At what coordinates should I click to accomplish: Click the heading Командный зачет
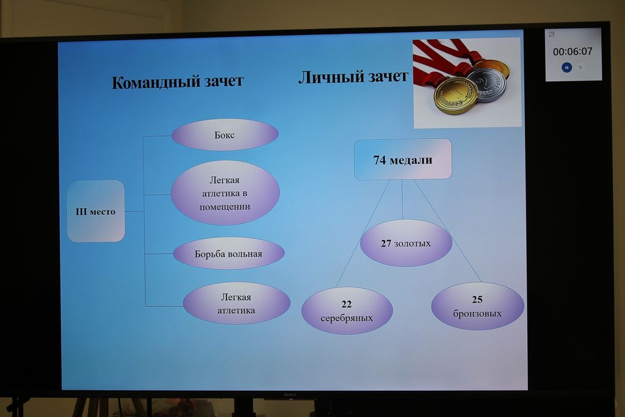(x=178, y=82)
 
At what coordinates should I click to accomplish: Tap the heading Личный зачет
(x=353, y=77)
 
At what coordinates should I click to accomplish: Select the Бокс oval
(x=225, y=135)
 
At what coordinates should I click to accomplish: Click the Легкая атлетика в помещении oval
(x=225, y=193)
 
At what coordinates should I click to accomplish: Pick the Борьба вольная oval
(x=229, y=253)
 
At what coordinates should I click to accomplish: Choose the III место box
(x=96, y=211)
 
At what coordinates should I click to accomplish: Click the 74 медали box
(x=403, y=159)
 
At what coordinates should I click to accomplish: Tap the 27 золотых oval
(x=406, y=243)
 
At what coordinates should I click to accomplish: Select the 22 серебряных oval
(x=347, y=311)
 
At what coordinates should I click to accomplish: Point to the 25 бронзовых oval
(x=477, y=306)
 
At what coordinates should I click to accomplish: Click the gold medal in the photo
(x=455, y=95)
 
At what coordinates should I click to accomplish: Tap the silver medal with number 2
(x=487, y=85)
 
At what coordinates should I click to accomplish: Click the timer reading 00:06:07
(x=573, y=51)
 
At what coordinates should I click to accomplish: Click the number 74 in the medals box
(x=380, y=160)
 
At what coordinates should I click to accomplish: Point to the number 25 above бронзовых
(x=477, y=299)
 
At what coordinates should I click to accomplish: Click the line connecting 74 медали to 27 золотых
(x=402, y=200)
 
